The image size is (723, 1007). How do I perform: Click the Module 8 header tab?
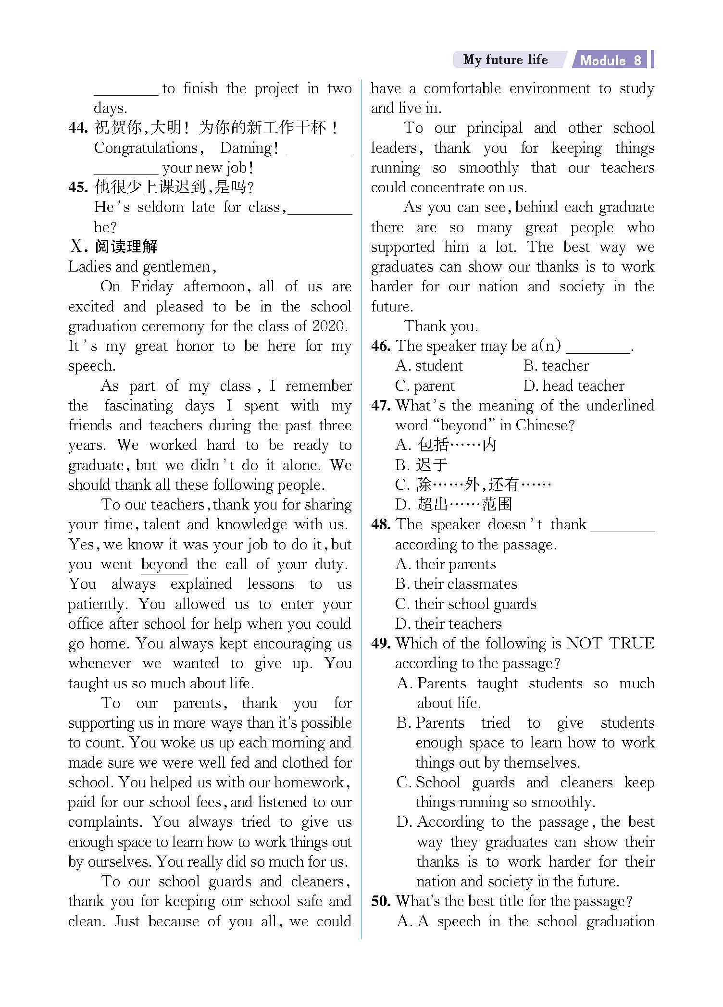point(611,60)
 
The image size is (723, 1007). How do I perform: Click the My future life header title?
point(505,60)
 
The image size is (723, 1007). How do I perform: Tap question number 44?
point(78,128)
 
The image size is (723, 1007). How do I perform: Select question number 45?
point(78,187)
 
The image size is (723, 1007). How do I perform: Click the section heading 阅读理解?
point(126,247)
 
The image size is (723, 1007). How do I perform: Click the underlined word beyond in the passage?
point(164,564)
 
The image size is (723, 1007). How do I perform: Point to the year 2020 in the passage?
point(329,326)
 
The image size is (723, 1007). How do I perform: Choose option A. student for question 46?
point(429,366)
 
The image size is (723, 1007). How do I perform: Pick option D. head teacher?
point(573,386)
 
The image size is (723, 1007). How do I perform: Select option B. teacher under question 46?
point(556,366)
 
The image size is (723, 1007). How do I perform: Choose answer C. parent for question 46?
point(424,386)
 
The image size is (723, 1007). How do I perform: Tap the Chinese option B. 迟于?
point(422,465)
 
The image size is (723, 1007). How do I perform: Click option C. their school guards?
point(465,604)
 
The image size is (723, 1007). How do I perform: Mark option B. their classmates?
point(456,584)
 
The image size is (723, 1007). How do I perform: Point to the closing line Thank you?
point(441,326)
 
